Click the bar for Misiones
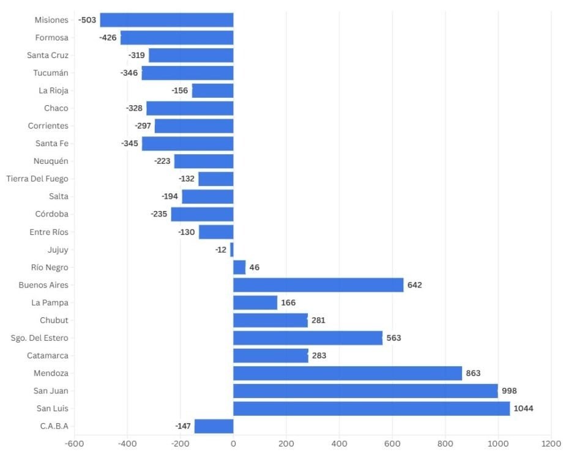click(x=166, y=20)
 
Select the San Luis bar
click(x=371, y=409)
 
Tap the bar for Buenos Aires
click(x=318, y=285)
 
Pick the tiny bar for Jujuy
click(x=231, y=250)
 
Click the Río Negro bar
click(x=239, y=267)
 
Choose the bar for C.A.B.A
click(x=214, y=426)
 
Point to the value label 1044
click(x=524, y=409)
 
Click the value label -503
click(x=87, y=20)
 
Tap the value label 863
click(x=473, y=373)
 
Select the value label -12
click(x=221, y=250)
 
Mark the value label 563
click(x=393, y=338)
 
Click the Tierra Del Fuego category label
click(x=37, y=179)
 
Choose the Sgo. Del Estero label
click(x=40, y=338)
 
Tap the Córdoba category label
click(x=52, y=214)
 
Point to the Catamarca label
click(x=48, y=355)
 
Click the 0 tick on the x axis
click(x=233, y=443)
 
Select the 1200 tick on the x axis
click(x=551, y=443)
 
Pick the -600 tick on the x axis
click(x=74, y=443)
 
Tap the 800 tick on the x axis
click(x=445, y=443)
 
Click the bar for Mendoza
click(x=348, y=373)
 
